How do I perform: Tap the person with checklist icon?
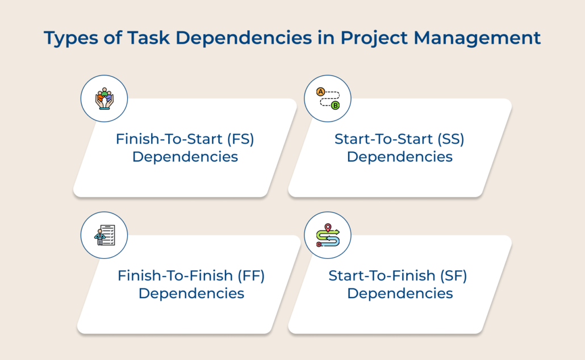104,235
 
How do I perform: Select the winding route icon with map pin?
328,235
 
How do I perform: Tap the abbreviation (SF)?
453,276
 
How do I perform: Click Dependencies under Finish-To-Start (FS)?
185,157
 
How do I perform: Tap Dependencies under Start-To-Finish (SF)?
400,294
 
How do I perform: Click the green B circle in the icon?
335,106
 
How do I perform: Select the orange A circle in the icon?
320,91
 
